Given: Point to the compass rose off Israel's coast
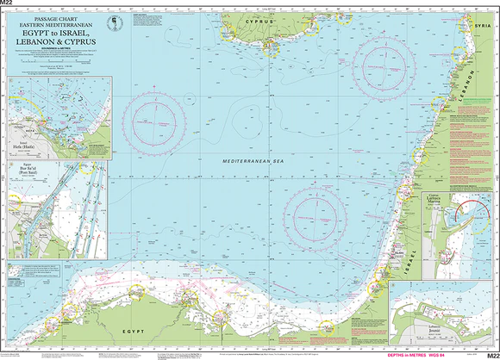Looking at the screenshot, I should pos(316,213).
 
